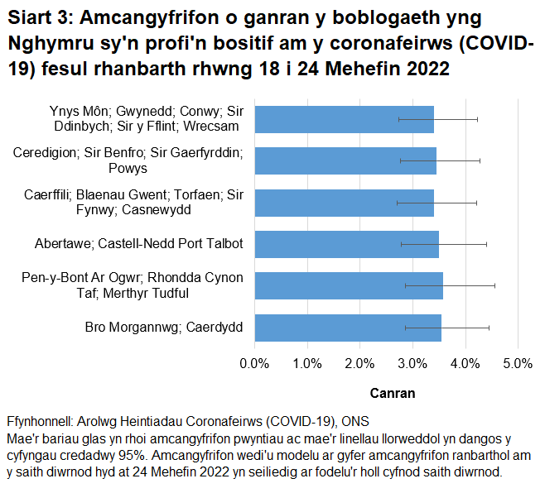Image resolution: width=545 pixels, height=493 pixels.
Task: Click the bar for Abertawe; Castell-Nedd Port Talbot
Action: click(346, 244)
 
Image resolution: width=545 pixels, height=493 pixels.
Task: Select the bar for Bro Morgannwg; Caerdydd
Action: click(348, 328)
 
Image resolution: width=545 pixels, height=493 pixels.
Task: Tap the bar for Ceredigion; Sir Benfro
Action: click(345, 160)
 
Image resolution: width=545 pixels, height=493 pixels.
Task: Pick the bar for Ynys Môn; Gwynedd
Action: click(344, 119)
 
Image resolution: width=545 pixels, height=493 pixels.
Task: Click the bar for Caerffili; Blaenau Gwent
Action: click(344, 203)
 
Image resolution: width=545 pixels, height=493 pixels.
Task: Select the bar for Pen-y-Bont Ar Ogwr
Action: click(349, 285)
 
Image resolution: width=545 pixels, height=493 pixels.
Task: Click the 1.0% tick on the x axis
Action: click(307, 363)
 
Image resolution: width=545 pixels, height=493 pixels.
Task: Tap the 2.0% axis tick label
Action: click(359, 363)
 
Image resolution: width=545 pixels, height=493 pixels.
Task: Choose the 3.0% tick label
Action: click(412, 363)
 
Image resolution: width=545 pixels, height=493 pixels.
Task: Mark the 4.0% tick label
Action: click(465, 363)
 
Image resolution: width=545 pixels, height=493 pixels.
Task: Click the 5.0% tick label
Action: click(518, 363)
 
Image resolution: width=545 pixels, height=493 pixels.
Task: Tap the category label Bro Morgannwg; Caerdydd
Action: click(164, 328)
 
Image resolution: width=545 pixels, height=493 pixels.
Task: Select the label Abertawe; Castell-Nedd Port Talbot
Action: click(139, 244)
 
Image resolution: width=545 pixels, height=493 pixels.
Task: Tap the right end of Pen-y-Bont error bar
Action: click(494, 285)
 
